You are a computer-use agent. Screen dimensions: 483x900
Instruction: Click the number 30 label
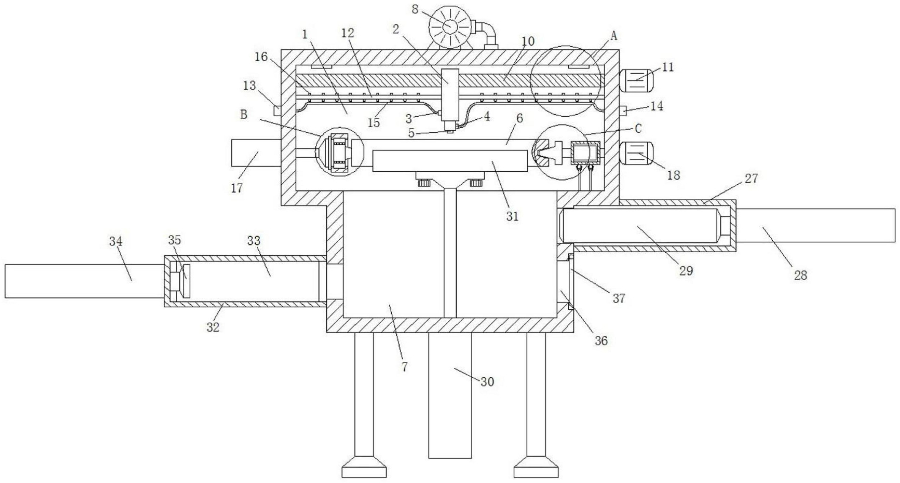487,382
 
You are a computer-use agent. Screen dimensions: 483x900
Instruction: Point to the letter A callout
613,35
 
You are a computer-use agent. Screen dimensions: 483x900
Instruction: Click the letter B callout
244,114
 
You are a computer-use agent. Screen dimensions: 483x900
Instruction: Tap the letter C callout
638,129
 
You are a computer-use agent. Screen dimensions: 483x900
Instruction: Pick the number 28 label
801,275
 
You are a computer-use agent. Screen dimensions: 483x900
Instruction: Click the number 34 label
116,241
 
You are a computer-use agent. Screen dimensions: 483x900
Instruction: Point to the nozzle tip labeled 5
449,132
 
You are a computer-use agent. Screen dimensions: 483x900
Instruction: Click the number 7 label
404,367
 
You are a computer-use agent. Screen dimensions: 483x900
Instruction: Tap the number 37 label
619,298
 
